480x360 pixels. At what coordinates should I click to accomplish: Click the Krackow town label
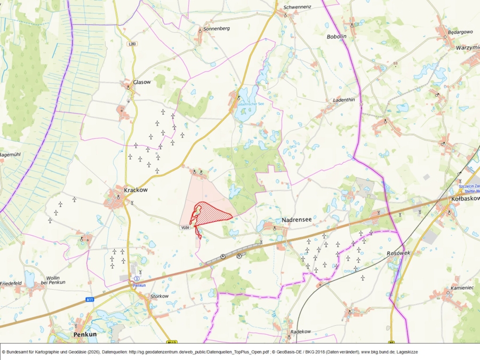tap(135, 189)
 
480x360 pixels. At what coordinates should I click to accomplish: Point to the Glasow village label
tap(142, 82)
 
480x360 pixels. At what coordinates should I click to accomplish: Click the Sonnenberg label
tap(216, 28)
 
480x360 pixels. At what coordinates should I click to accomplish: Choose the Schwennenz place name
tap(297, 7)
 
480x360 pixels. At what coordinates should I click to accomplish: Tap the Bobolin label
tap(337, 37)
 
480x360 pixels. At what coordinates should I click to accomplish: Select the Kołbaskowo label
tap(465, 198)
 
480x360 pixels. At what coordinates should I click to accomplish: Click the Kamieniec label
tap(462, 287)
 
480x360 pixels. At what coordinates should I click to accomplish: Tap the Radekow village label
tap(301, 331)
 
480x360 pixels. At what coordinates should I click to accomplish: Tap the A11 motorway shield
tap(90, 300)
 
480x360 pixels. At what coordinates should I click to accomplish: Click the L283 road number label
tap(133, 44)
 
